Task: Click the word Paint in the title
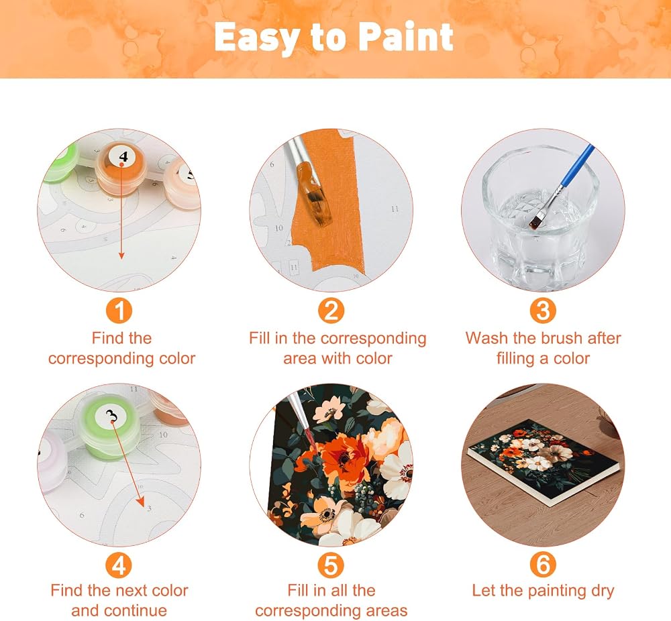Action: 405,37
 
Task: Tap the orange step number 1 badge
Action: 119,310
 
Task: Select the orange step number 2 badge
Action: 331,310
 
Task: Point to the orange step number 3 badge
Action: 543,310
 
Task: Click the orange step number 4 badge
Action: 119,565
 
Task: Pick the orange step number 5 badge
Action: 331,565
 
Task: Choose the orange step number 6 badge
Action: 543,565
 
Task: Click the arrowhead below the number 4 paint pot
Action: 121,256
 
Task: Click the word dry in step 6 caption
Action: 603,591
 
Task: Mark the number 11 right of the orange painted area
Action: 395,209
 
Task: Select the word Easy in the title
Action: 255,38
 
